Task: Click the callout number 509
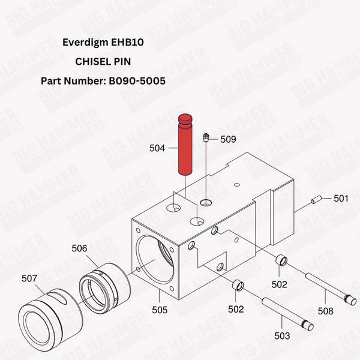point(228,139)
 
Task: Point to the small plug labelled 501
point(317,201)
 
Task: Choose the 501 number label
point(341,198)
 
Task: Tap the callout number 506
point(79,247)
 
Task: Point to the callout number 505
point(159,310)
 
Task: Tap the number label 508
point(325,311)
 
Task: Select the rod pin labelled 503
point(287,312)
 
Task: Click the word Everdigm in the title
point(83,43)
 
